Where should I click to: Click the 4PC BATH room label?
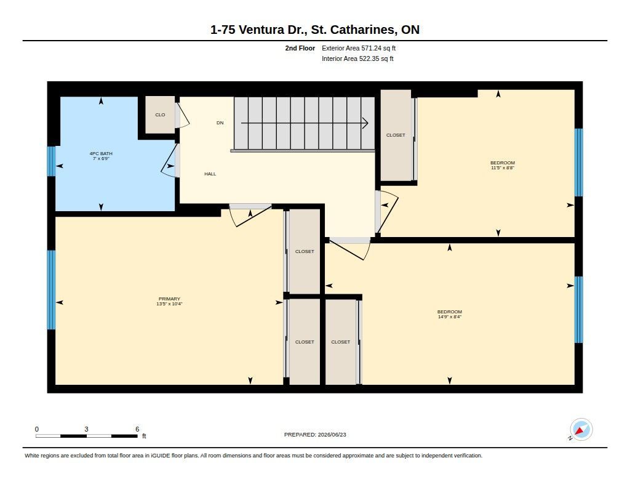[101, 153]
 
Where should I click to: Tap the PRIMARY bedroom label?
[169, 299]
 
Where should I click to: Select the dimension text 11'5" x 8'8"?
[503, 167]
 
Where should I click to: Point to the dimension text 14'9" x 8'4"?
[450, 316]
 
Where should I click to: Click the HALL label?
[210, 174]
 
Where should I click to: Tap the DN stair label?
[220, 123]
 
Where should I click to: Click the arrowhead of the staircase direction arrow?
[365, 123]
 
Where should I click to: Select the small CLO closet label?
[160, 115]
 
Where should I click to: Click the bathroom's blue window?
[52, 161]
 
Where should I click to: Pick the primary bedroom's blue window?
[52, 290]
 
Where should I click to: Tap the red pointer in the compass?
[580, 432]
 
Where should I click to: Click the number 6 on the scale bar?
[137, 429]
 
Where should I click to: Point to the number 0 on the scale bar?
[37, 429]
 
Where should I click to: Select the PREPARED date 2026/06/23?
[332, 434]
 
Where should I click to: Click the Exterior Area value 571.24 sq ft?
[378, 48]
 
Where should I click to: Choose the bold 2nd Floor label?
[300, 48]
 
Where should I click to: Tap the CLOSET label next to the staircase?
[396, 135]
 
